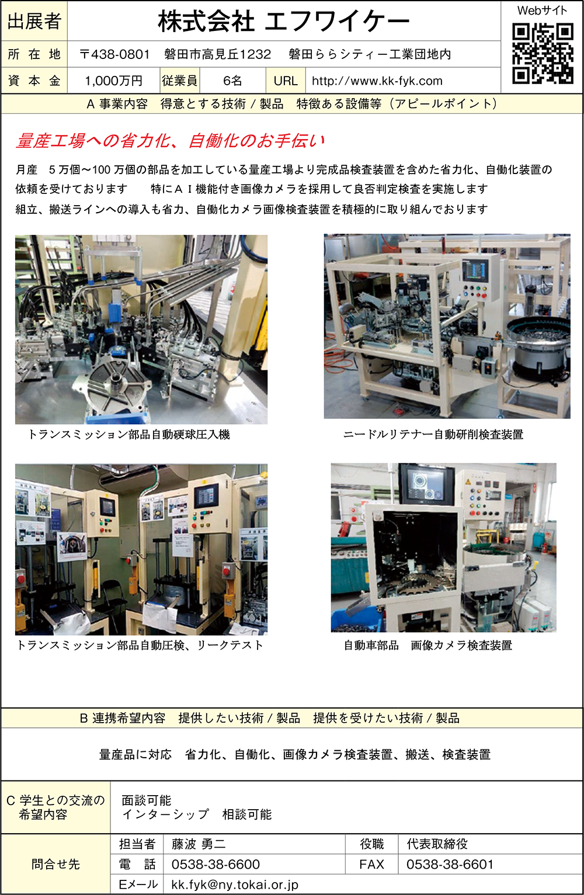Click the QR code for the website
tap(543, 54)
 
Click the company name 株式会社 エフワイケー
tap(284, 22)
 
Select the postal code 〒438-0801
tap(114, 54)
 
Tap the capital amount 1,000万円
tap(113, 81)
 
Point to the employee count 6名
tap(232, 81)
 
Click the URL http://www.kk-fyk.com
tap(377, 81)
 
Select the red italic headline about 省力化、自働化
tap(170, 141)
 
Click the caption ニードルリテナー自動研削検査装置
tap(433, 434)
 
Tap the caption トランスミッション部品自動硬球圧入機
tap(129, 434)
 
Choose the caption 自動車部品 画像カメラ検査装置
tap(428, 646)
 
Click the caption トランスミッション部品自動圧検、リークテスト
tap(140, 646)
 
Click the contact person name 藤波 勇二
tap(199, 844)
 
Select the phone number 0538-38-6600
tap(215, 864)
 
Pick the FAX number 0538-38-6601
tap(450, 864)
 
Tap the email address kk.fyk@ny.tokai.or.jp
tap(235, 884)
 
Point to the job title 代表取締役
tap(437, 844)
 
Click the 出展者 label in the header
tap(34, 21)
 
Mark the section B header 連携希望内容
tap(129, 718)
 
